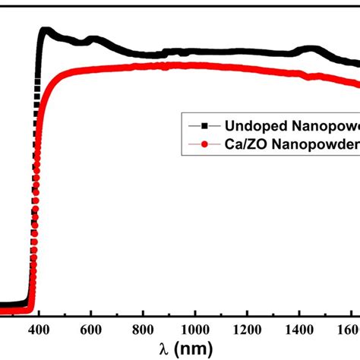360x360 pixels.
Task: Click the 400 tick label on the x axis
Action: [x=37, y=330]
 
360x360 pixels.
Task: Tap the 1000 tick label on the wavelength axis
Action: [x=194, y=330]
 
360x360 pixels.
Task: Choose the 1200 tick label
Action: [x=248, y=330]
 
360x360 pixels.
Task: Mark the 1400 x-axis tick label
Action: [x=300, y=330]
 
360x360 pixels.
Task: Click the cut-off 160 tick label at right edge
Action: [x=349, y=330]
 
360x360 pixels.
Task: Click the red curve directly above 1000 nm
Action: [x=194, y=65]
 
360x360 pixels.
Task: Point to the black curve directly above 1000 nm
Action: [x=194, y=52]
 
